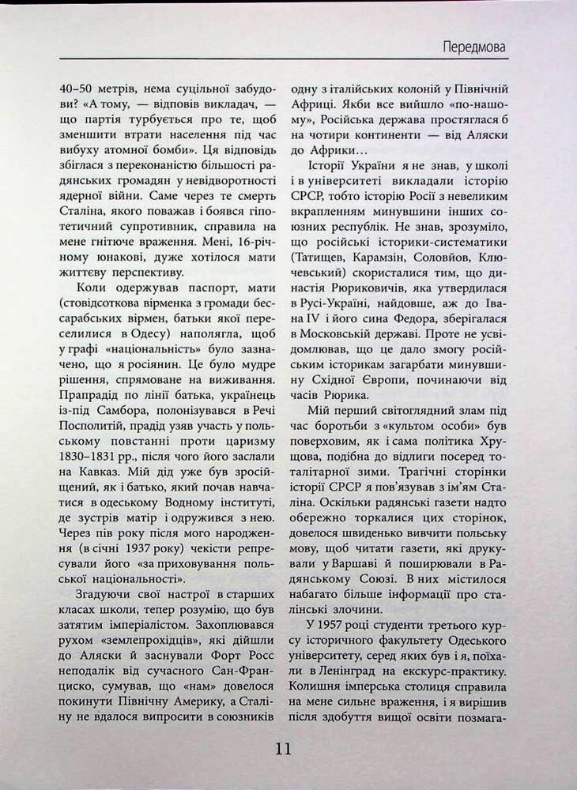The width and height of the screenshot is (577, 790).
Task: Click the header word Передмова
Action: (x=474, y=47)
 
